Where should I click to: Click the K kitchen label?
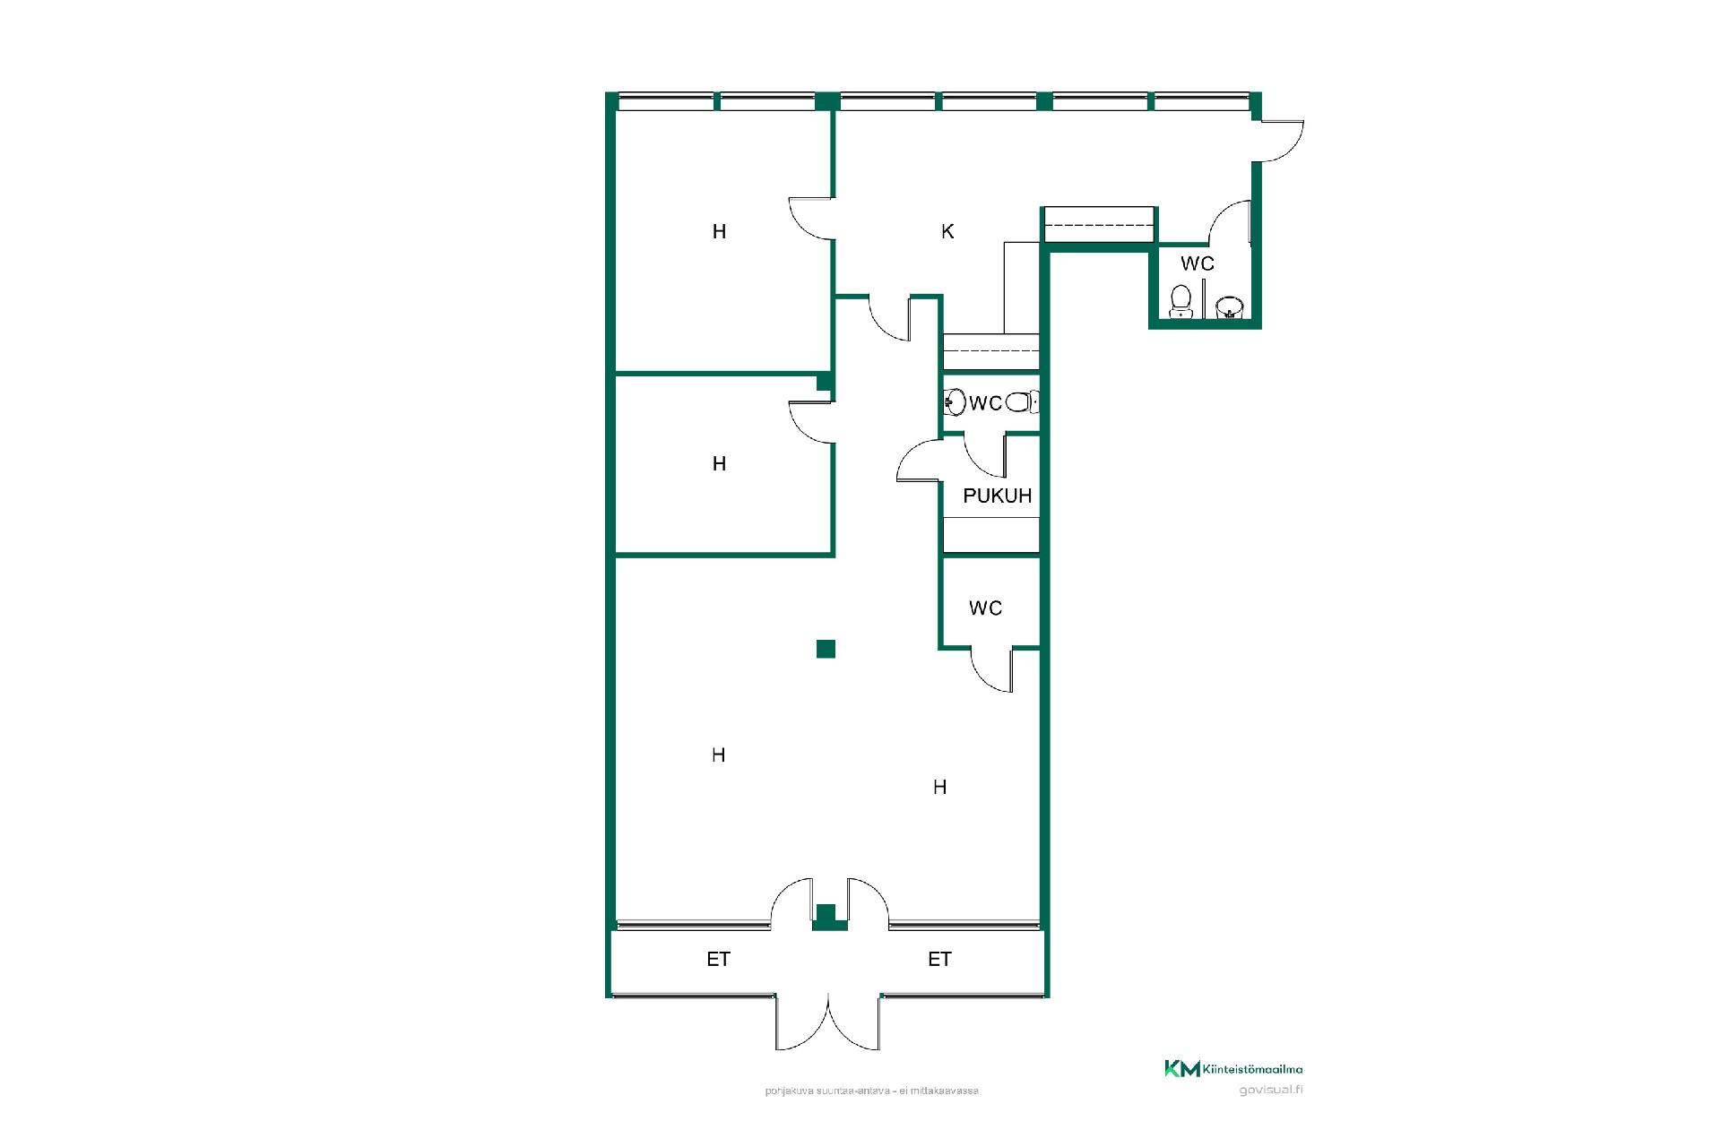(x=947, y=231)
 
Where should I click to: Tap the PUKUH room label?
(x=997, y=496)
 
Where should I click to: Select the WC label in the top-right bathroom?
(x=1198, y=263)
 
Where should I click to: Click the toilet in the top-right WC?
(x=1181, y=301)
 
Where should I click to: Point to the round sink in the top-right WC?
(x=1230, y=307)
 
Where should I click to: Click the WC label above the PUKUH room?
(x=986, y=403)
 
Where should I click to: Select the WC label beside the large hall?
(x=985, y=608)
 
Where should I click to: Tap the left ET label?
(x=718, y=960)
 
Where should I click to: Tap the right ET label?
(x=939, y=960)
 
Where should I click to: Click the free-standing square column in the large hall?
(x=826, y=649)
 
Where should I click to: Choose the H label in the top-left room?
(x=719, y=232)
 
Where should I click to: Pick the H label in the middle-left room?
(x=719, y=464)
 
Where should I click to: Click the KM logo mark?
(x=1182, y=1068)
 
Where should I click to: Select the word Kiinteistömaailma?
(x=1253, y=1069)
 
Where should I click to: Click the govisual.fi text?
(x=1271, y=1091)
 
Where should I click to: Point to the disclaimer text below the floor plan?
(x=872, y=1091)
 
